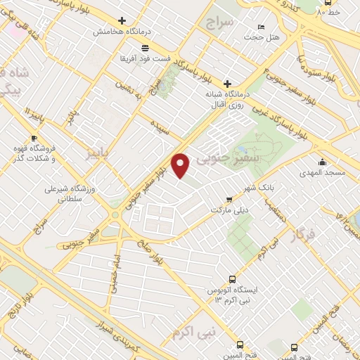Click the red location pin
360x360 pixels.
[181, 165]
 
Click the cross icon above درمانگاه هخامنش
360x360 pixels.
[122, 21]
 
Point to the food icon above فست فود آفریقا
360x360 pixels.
[144, 47]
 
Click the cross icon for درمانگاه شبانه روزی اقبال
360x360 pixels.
[226, 84]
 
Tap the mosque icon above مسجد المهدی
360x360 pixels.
[323, 161]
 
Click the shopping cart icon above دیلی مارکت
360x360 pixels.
[227, 199]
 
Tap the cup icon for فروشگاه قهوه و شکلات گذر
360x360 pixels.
[33, 138]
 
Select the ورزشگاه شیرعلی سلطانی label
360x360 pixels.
[64, 194]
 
